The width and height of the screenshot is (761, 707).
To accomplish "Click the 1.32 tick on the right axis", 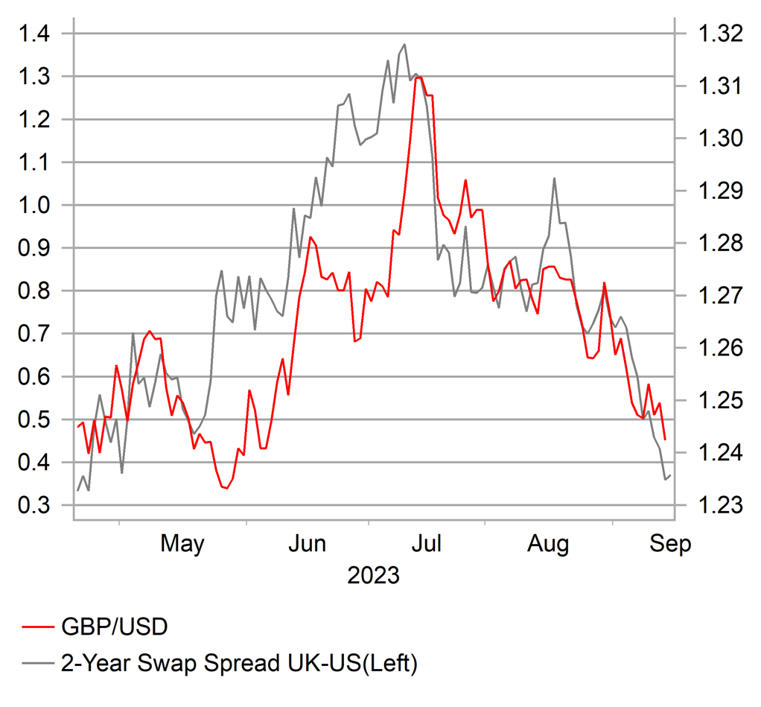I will pos(719,34).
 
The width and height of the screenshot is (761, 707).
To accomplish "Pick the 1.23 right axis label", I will pos(719,506).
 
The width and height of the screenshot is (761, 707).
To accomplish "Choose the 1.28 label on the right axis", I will pos(719,244).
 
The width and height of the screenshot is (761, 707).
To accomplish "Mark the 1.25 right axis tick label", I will pos(719,401).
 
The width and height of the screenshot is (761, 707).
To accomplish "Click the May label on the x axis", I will pos(182,545).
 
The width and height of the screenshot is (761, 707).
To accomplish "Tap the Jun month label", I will pos(307,545).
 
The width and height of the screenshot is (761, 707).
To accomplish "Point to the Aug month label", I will pos(548,545).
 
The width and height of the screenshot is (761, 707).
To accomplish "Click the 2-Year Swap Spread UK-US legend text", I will pos(238,662).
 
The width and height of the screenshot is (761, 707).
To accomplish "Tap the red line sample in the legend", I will pos(36,627).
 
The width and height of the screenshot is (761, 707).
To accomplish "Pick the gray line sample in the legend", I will pos(36,662).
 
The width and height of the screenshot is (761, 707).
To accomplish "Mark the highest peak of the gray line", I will pos(404,45).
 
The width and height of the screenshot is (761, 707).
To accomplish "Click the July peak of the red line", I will pos(418,77).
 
